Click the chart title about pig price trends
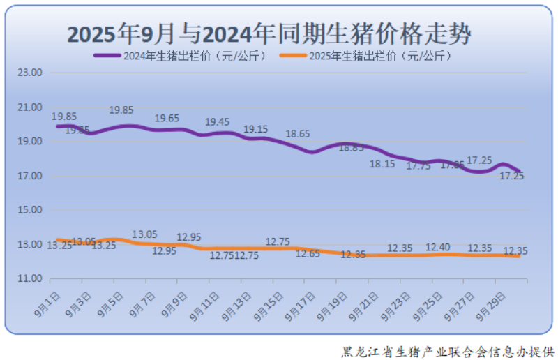coord(269,33)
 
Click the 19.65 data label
coord(167,119)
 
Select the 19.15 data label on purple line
coord(255,130)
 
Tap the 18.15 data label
coord(382,165)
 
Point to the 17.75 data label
coord(418,165)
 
